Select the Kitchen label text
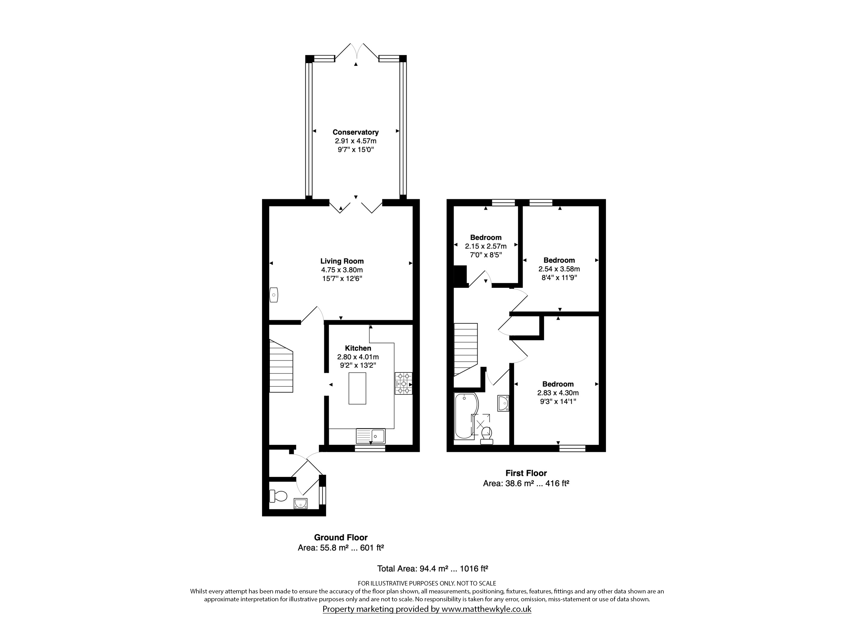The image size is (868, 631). tap(358, 348)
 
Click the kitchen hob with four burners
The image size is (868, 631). tap(404, 383)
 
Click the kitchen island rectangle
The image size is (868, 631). tap(357, 388)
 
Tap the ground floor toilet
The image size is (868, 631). tap(278, 496)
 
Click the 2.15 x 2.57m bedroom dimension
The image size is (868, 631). tap(486, 246)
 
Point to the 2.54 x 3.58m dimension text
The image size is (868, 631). tap(559, 269)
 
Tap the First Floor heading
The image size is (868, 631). tap(526, 473)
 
